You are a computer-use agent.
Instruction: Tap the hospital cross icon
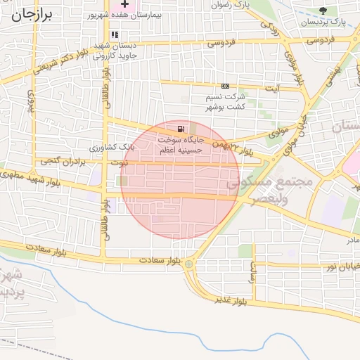coord(124,4)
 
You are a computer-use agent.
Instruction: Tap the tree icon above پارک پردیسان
coord(323,11)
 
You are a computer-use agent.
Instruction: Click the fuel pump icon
coord(182,129)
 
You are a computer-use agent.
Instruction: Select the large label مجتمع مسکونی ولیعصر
coord(270,188)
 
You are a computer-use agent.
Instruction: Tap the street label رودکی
coord(271,27)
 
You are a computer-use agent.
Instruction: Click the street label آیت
coord(271,88)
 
